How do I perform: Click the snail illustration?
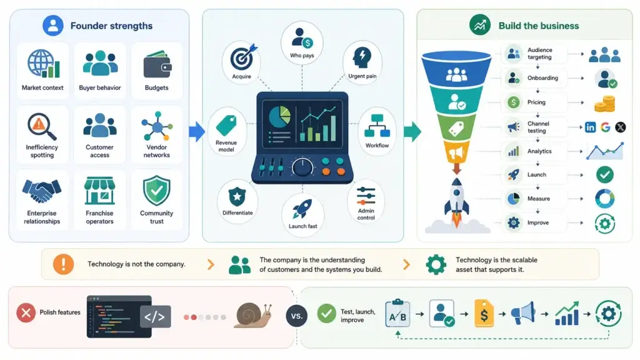click(253, 316)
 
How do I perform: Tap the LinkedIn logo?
click(590, 127)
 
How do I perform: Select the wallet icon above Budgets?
click(157, 64)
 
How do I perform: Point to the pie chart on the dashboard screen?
click(279, 117)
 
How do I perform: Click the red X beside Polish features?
click(26, 313)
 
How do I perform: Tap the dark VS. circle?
click(297, 316)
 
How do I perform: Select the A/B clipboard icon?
click(397, 314)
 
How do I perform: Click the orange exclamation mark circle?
click(63, 264)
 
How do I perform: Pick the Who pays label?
click(302, 56)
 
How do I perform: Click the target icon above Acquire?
click(244, 57)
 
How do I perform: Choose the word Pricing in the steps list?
click(536, 102)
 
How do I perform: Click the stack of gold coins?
click(605, 104)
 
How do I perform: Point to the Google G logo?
click(605, 127)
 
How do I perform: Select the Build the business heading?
click(539, 26)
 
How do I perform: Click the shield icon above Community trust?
click(157, 191)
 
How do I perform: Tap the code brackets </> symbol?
click(155, 317)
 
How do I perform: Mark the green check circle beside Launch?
click(605, 175)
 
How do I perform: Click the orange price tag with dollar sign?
click(484, 314)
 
